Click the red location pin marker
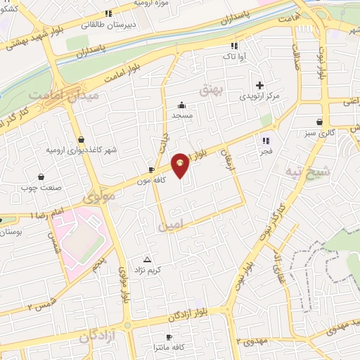coord(181,164)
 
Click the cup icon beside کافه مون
coord(152,169)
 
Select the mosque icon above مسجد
coord(181,104)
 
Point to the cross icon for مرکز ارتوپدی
coord(260,84)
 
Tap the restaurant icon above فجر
coord(266,140)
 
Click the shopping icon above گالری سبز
coord(320,121)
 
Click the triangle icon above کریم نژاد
coord(147,259)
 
